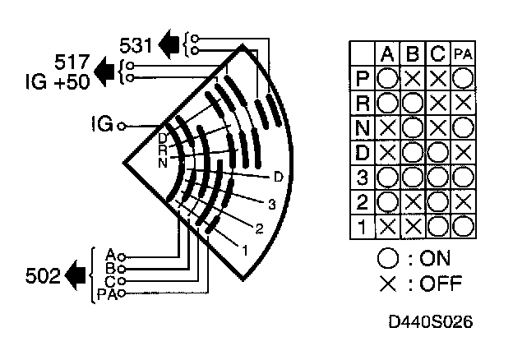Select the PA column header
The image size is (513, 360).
click(x=464, y=54)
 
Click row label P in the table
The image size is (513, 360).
click(x=362, y=79)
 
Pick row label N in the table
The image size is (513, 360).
click(x=362, y=127)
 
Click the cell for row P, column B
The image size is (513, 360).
click(x=413, y=79)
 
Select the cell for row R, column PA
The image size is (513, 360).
click(x=464, y=104)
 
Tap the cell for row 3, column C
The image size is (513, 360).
click(x=438, y=177)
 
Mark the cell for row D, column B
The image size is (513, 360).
click(x=413, y=152)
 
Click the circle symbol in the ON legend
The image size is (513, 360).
click(x=386, y=257)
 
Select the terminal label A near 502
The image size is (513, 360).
click(x=110, y=253)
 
